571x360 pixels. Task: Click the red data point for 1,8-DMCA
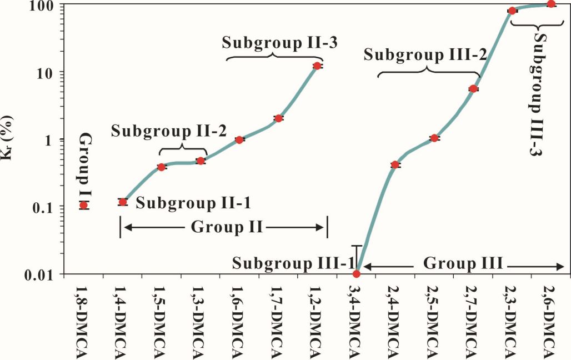click(83, 205)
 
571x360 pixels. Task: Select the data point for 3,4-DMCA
click(357, 273)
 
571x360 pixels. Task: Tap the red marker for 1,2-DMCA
click(317, 66)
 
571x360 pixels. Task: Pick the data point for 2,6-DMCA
click(551, 4)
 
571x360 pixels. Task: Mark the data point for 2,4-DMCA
click(395, 164)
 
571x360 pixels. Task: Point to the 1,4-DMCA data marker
click(123, 202)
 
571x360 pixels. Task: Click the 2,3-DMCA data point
click(512, 11)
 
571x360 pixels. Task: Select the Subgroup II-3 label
click(273, 43)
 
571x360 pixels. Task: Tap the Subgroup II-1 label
click(193, 203)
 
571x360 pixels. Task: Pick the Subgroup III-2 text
click(426, 54)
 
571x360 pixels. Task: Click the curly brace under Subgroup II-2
click(183, 148)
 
